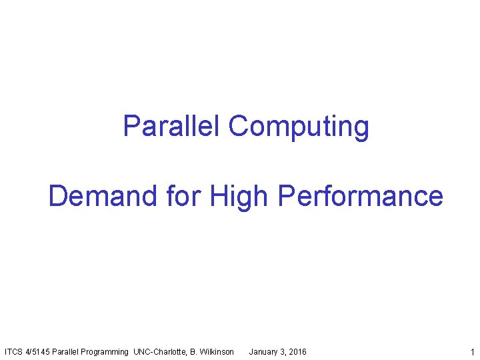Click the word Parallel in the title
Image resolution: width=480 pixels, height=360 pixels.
pyautogui.click(x=172, y=126)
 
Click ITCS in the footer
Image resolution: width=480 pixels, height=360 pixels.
pyautogui.click(x=14, y=351)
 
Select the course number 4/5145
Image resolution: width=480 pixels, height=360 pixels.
pyautogui.click(x=38, y=351)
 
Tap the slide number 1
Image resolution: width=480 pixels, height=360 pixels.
pyautogui.click(x=471, y=351)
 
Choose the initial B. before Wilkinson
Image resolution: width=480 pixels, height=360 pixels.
pyautogui.click(x=194, y=351)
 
